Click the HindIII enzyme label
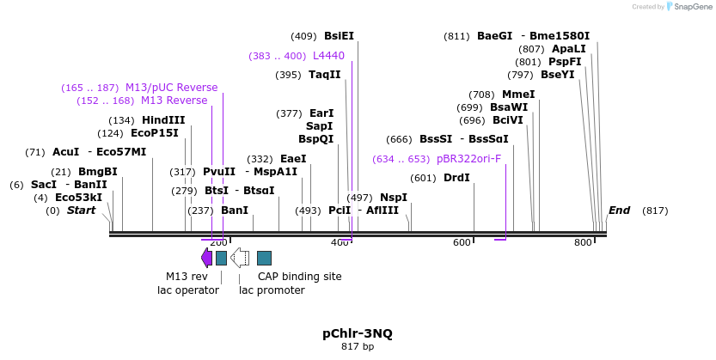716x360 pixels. (163, 120)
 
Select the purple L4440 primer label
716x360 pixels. (328, 56)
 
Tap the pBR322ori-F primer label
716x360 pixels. (468, 159)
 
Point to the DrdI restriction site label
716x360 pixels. (456, 178)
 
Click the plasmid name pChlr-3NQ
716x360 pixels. (358, 333)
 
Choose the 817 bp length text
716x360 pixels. (358, 347)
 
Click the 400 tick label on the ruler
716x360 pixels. (340, 243)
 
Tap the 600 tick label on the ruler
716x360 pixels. (462, 243)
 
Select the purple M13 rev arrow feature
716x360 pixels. (206, 257)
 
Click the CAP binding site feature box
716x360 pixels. (265, 258)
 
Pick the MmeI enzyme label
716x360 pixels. (518, 95)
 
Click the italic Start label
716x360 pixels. (82, 211)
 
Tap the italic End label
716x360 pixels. (619, 211)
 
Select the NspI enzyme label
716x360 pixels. (394, 198)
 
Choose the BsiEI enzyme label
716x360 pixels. (339, 36)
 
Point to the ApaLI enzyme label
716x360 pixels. (568, 49)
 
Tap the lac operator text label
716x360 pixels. (187, 290)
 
